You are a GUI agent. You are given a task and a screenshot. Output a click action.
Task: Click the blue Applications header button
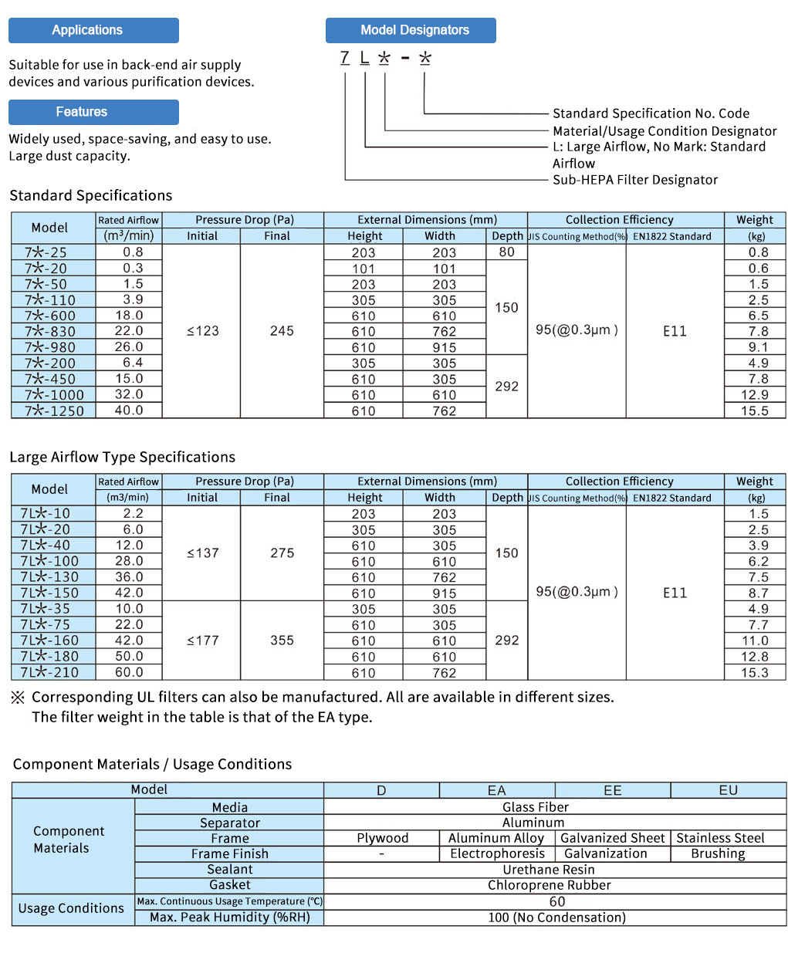tap(93, 30)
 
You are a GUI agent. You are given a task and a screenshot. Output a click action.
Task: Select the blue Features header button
tap(93, 112)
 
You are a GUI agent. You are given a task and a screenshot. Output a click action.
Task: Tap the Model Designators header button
tap(411, 30)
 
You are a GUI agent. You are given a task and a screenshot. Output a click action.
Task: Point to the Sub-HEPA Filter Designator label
tap(634, 180)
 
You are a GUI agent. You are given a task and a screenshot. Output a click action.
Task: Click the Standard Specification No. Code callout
tap(651, 113)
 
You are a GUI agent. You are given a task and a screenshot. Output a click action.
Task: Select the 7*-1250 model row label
tap(53, 411)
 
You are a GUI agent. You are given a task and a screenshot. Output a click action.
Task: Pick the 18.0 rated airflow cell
tap(129, 316)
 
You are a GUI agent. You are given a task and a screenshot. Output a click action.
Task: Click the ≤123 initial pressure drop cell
tap(202, 331)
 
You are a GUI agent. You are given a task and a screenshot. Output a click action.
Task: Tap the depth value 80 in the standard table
tap(506, 252)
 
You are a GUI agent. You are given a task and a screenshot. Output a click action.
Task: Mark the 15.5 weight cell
tap(754, 411)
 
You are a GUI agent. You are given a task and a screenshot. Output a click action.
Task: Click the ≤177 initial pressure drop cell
tap(202, 640)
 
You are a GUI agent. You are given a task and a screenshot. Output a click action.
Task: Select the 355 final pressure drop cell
tap(282, 640)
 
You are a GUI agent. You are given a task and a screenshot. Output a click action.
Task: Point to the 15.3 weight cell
tap(754, 672)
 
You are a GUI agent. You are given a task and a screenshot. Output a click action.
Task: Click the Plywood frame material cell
tap(382, 838)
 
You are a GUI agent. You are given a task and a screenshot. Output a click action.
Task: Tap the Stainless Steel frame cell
tap(720, 838)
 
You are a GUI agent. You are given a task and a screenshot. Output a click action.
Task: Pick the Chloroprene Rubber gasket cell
tap(549, 885)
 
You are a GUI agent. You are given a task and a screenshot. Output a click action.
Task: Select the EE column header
tap(612, 790)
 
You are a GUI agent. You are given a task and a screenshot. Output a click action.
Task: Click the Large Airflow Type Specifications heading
tap(122, 457)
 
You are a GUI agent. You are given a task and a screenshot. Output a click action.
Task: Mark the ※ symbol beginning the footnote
tap(18, 698)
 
